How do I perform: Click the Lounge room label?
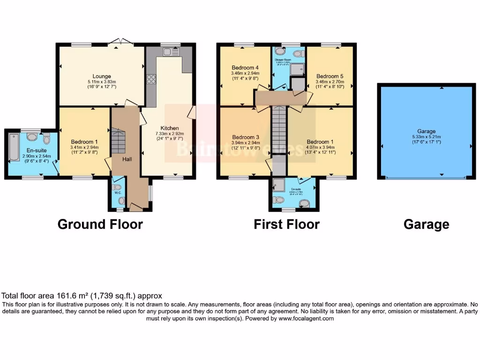point(102,76)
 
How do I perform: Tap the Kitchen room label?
point(170,128)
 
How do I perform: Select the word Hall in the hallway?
point(127,159)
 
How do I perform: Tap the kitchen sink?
point(167,52)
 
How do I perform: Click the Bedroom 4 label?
point(244,67)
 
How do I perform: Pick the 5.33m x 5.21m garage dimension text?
point(427,137)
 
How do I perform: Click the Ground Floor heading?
point(100,224)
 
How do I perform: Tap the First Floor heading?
point(286,224)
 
